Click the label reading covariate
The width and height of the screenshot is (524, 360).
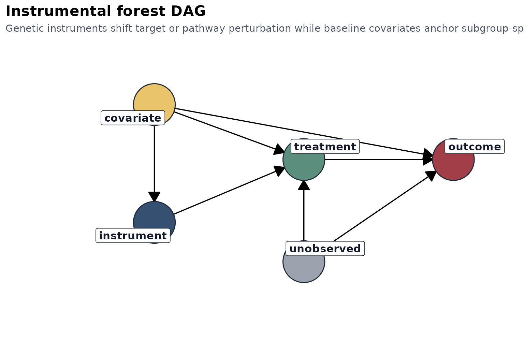(x=133, y=118)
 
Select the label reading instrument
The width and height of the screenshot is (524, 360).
(x=133, y=236)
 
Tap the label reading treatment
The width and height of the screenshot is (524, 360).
(x=325, y=147)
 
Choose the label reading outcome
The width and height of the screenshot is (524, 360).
(x=474, y=147)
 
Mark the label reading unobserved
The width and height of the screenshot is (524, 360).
(x=325, y=249)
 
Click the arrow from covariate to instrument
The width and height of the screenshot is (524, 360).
(x=154, y=160)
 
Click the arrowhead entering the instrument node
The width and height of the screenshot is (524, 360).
(x=154, y=197)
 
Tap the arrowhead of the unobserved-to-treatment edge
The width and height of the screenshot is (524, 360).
(x=304, y=185)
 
